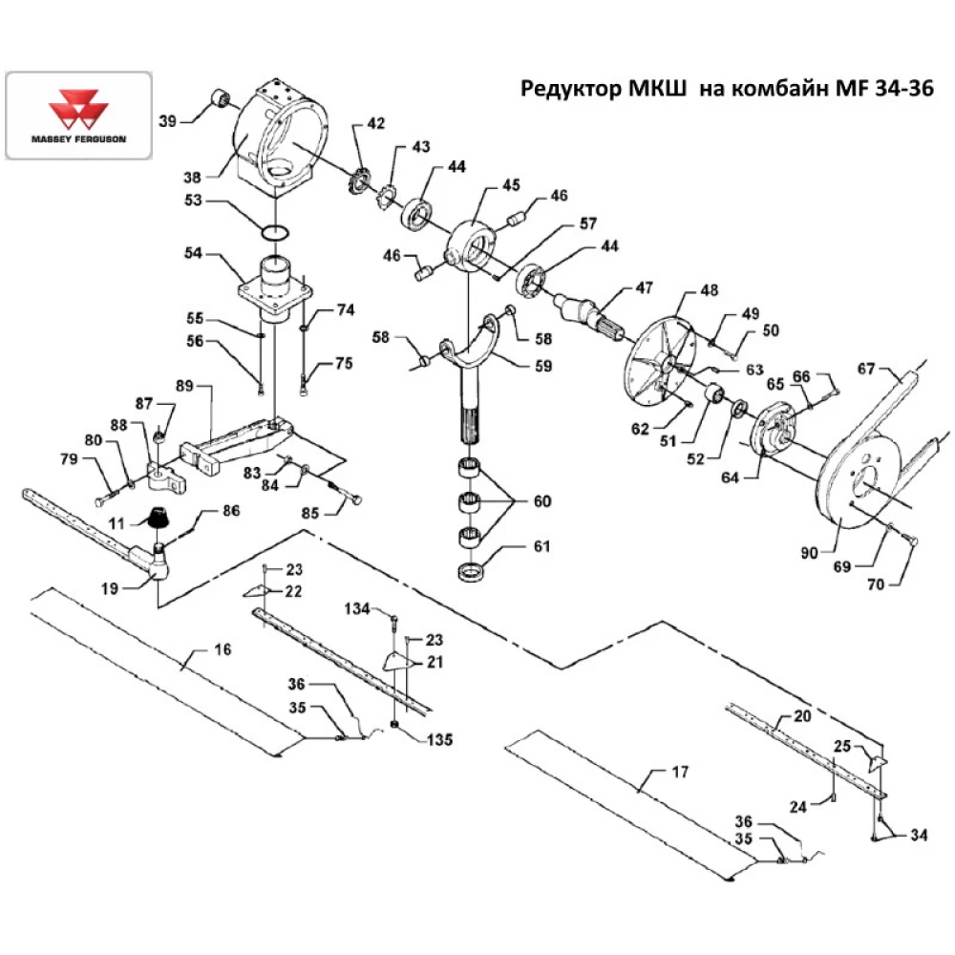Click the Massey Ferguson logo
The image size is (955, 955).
[x=78, y=115]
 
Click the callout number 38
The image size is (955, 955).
[x=193, y=177]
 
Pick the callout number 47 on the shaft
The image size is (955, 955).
[x=633, y=287]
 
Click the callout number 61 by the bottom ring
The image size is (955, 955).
[x=542, y=547]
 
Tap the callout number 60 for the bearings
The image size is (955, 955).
[x=542, y=500]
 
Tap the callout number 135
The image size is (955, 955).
[x=440, y=739]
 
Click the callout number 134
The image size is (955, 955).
[x=358, y=608]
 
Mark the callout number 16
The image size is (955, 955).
[x=222, y=650]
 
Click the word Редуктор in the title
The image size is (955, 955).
[x=570, y=90]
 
